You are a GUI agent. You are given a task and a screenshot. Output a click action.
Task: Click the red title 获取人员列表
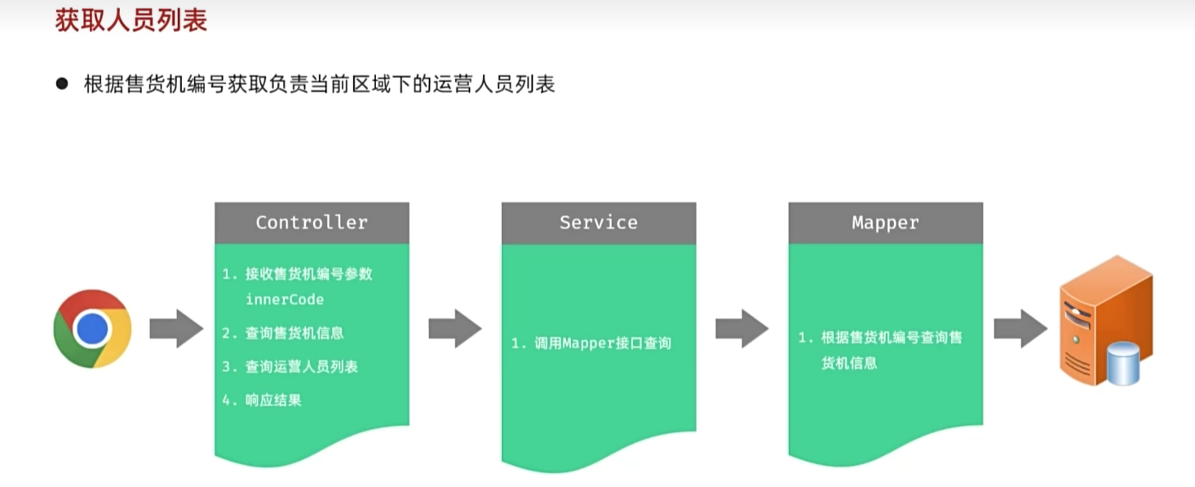click(x=131, y=21)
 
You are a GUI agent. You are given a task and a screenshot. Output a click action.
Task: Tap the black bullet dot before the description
click(x=62, y=84)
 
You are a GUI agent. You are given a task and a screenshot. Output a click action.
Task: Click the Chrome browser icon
click(x=93, y=329)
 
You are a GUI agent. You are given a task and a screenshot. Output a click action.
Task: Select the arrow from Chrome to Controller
click(x=176, y=329)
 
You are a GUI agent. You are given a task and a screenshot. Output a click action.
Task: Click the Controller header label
click(x=312, y=223)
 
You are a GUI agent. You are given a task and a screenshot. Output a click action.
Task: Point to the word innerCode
click(x=285, y=299)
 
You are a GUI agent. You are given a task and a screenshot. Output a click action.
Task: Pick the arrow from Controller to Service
click(x=455, y=329)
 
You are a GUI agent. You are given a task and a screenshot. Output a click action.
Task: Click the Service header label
click(x=599, y=223)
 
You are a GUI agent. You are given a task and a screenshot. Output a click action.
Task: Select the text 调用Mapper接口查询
click(x=603, y=343)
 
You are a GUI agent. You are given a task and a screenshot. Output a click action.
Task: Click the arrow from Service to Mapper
click(x=742, y=329)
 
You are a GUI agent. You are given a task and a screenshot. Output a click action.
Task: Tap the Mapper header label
click(x=886, y=223)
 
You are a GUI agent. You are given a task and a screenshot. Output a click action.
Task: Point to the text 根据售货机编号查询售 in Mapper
click(x=892, y=338)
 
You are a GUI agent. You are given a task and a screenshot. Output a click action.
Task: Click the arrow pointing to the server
click(x=1020, y=329)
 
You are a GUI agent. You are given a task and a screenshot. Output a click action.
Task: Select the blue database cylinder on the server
click(x=1123, y=364)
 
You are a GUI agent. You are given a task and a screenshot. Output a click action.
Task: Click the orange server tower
click(x=1106, y=320)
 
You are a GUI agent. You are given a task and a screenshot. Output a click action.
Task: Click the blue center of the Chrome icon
click(x=92, y=329)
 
